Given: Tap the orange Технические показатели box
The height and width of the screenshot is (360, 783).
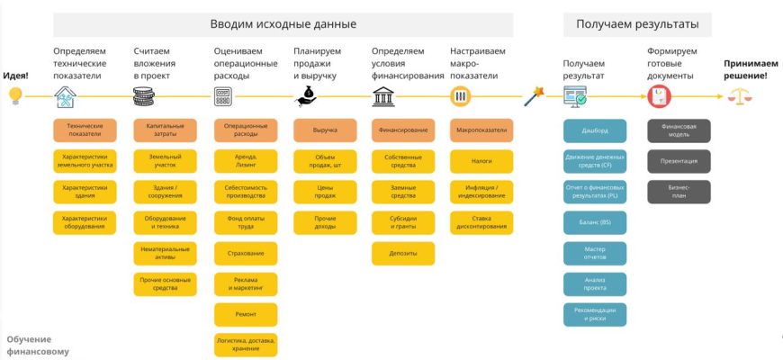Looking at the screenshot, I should click(85, 130).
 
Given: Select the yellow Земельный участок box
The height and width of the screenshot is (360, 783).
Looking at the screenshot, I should click(165, 161).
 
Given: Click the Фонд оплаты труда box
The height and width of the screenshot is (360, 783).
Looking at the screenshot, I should click(245, 222).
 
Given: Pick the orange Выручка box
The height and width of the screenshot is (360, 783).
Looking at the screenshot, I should click(324, 130).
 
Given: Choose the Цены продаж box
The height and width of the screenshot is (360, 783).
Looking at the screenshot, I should click(324, 192).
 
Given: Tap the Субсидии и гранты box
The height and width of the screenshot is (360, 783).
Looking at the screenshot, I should click(403, 222).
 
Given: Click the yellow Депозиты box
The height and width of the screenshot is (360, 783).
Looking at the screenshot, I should click(403, 253).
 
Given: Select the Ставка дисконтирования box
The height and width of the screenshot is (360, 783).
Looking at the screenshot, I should click(481, 222).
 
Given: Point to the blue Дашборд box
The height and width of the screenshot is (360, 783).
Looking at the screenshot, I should click(594, 130).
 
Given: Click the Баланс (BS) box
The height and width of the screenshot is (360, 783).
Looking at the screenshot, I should click(594, 222).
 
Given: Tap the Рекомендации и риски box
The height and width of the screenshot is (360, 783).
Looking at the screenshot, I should click(594, 314).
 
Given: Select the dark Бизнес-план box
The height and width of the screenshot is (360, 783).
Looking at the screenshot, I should click(679, 192).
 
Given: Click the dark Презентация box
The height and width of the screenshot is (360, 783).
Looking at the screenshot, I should click(679, 161).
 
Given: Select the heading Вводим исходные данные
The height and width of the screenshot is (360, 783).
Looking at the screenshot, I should click(283, 24).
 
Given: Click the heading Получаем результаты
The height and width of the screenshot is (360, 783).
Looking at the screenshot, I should click(637, 24).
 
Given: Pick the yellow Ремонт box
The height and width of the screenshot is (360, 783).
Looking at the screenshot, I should click(245, 314).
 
